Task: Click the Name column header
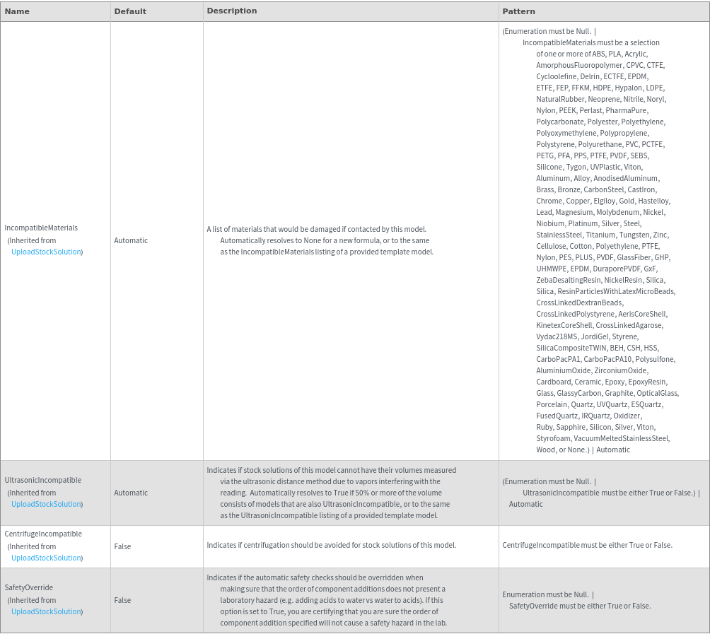coord(17,11)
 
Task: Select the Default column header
coord(130,11)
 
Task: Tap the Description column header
coord(231,11)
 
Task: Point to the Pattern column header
coord(518,11)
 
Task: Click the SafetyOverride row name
coord(29,587)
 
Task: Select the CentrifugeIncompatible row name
coord(43,534)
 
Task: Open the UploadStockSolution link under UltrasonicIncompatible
coord(46,504)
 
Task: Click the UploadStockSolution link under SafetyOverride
coord(46,611)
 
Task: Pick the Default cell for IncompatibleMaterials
coord(131,240)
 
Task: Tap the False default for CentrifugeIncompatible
coord(122,546)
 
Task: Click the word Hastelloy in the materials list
coord(653,201)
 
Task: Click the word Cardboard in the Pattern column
coord(553,382)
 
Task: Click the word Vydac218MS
coord(557,336)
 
